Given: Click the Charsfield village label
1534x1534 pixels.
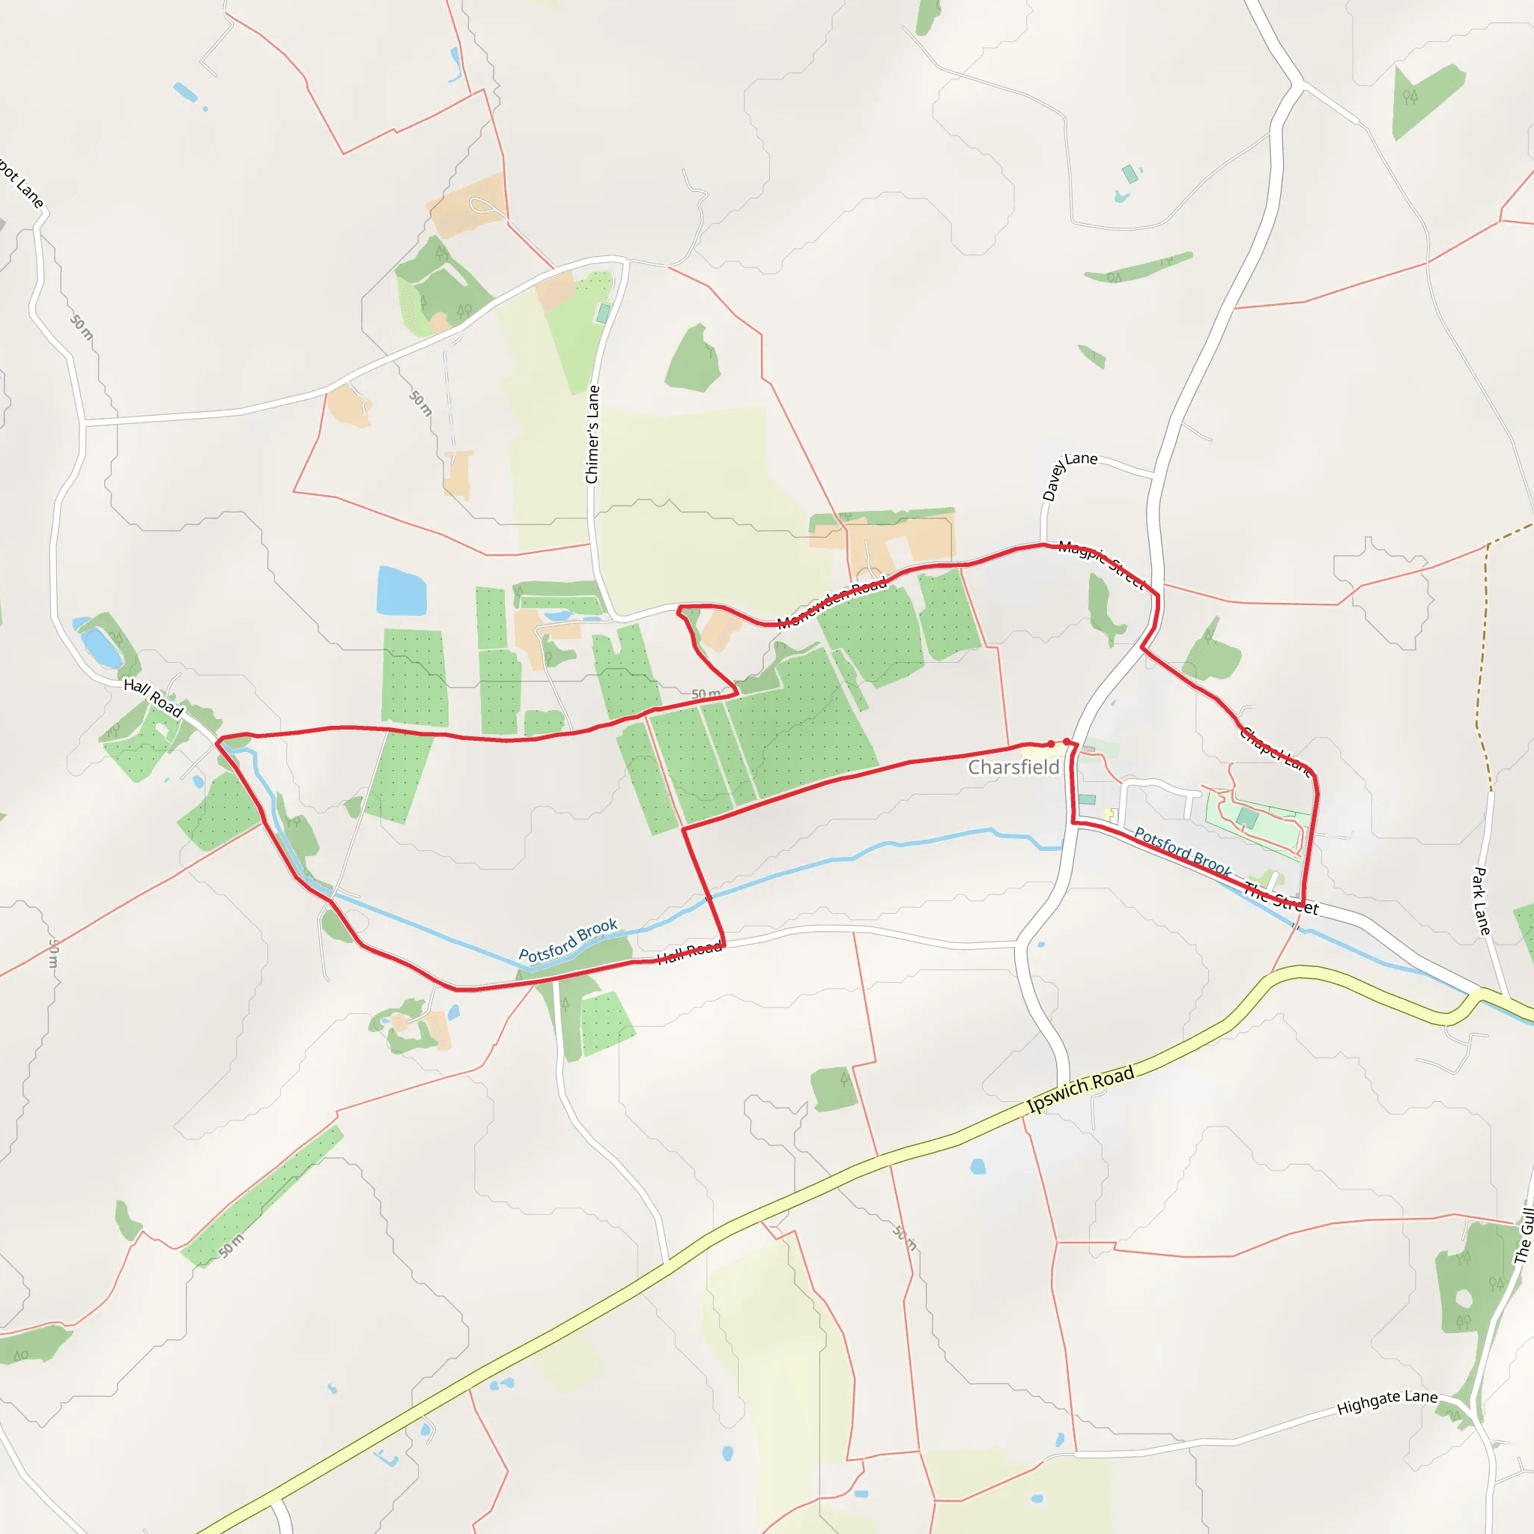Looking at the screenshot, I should pyautogui.click(x=1013, y=767).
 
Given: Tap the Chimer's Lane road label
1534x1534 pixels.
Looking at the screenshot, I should pyautogui.click(x=592, y=434).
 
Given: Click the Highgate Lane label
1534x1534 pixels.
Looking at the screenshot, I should pyautogui.click(x=1386, y=1401).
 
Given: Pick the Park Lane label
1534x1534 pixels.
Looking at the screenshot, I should pyautogui.click(x=1482, y=900).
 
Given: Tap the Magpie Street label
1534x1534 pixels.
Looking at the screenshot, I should pyautogui.click(x=1101, y=565).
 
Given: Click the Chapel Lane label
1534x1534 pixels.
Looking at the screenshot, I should pyautogui.click(x=1275, y=751).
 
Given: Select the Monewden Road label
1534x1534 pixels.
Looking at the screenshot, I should pyautogui.click(x=831, y=603).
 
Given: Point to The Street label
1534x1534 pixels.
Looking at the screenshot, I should pyautogui.click(x=1280, y=899).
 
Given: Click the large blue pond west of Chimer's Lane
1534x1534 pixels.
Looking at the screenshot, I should pyautogui.click(x=401, y=592).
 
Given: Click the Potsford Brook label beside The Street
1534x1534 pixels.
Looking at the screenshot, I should pyautogui.click(x=1182, y=851).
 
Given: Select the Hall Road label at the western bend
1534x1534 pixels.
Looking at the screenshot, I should pyautogui.click(x=154, y=697).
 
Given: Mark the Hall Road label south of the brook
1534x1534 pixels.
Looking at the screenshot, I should pyautogui.click(x=689, y=952).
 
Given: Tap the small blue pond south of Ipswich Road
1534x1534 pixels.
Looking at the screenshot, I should pyautogui.click(x=978, y=1166).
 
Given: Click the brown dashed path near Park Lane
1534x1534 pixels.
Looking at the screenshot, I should pyautogui.click(x=1482, y=667).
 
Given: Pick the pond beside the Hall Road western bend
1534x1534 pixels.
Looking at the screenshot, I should pyautogui.click(x=102, y=646).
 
